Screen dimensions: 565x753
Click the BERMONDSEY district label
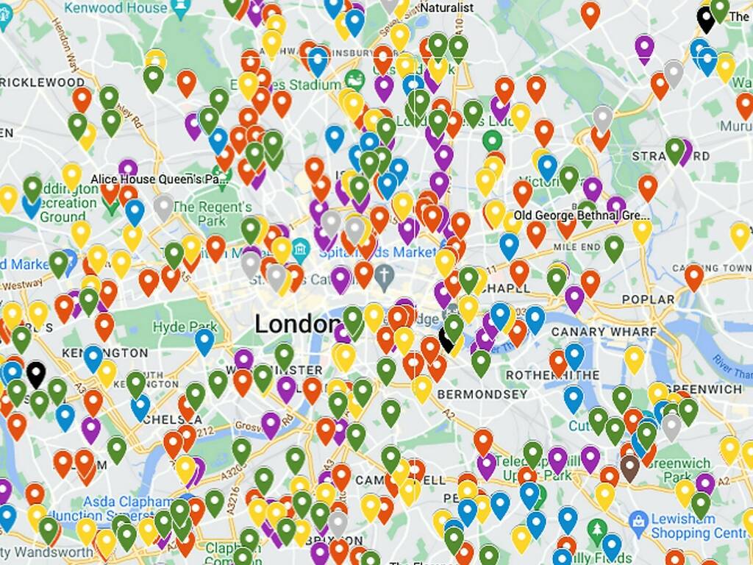(x=482, y=394)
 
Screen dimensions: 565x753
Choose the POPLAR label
(x=648, y=299)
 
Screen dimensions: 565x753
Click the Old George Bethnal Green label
(x=582, y=216)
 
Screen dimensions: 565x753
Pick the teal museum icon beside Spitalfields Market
(x=300, y=251)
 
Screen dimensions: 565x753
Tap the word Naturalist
(x=446, y=7)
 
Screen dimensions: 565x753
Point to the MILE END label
(x=577, y=246)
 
